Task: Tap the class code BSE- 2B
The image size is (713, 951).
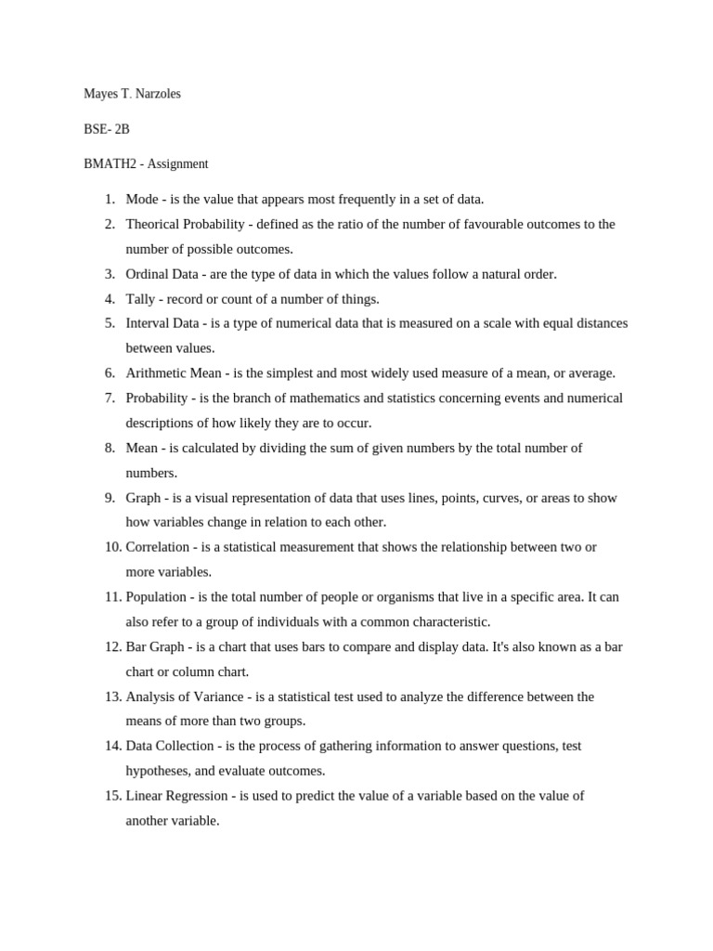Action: pyautogui.click(x=107, y=129)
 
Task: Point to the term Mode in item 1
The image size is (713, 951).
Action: pyautogui.click(x=142, y=199)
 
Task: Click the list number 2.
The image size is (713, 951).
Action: pyautogui.click(x=109, y=224)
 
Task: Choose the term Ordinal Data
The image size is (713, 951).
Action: pyautogui.click(x=162, y=274)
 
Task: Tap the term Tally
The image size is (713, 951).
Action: pyautogui.click(x=141, y=299)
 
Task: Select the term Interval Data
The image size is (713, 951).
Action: pyautogui.click(x=162, y=323)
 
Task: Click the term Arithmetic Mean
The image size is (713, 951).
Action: pyautogui.click(x=174, y=373)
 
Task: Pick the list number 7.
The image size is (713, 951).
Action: pyautogui.click(x=109, y=398)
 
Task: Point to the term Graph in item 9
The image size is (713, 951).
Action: pyautogui.click(x=143, y=498)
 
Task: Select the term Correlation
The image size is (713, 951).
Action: pyautogui.click(x=159, y=547)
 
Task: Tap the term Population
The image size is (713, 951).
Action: pyautogui.click(x=156, y=597)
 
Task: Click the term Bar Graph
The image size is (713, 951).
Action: pyautogui.click(x=155, y=646)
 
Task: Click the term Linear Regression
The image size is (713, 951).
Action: pyautogui.click(x=177, y=796)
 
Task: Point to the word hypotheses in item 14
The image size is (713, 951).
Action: pyautogui.click(x=158, y=771)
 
